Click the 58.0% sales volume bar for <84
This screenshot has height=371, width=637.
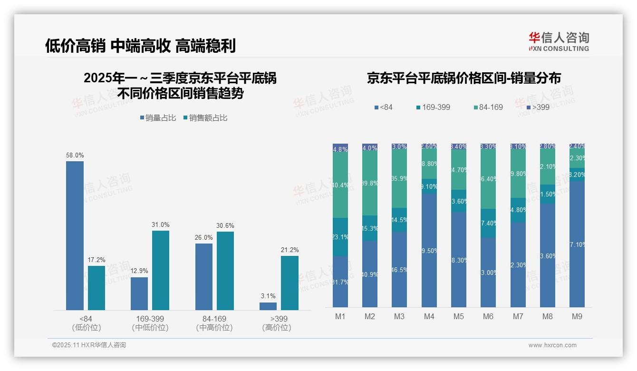(75, 235)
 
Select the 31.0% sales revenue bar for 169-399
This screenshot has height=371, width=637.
(160, 270)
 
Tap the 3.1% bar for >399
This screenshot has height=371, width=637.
(268, 306)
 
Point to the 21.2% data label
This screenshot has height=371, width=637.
(290, 250)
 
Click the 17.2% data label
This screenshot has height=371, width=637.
(97, 260)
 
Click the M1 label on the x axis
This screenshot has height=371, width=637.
(340, 316)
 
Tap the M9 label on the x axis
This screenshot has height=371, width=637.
(577, 316)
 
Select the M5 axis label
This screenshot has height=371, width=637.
(458, 316)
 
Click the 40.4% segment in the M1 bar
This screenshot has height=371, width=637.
(340, 185)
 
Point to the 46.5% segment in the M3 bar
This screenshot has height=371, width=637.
(399, 269)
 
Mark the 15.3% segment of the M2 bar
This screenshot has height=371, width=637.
(370, 228)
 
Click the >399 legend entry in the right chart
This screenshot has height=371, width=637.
(538, 107)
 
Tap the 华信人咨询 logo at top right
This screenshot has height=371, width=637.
(559, 41)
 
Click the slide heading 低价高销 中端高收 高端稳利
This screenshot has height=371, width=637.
(140, 46)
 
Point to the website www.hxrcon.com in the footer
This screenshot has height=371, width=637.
(552, 345)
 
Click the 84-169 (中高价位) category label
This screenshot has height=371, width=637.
(214, 323)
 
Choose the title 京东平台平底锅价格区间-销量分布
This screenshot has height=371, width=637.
(463, 78)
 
